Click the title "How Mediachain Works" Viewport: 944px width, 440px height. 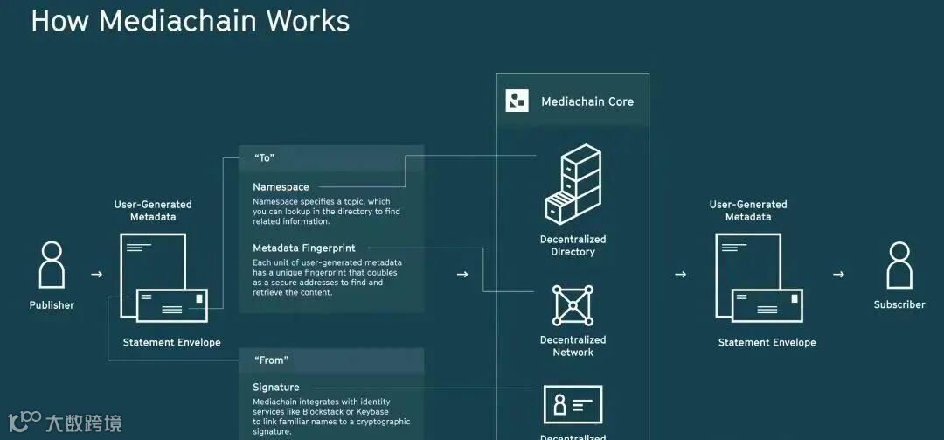click(190, 20)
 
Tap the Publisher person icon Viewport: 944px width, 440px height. click(52, 264)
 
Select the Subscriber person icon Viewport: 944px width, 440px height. click(899, 264)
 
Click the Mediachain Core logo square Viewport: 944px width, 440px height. click(517, 101)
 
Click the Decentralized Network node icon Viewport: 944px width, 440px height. click(573, 305)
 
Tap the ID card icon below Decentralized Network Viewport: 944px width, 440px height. click(573, 405)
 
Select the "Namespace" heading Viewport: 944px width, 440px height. click(281, 187)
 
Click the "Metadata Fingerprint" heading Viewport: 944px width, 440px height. click(304, 248)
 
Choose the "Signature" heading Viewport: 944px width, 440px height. click(276, 388)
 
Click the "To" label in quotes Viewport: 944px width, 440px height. click(265, 158)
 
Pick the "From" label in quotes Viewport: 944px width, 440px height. click(271, 360)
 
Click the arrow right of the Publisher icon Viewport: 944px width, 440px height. click(97, 275)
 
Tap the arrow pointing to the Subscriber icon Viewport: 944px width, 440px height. click(838, 275)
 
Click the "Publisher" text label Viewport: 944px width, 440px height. click(52, 305)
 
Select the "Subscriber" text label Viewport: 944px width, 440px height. click(899, 304)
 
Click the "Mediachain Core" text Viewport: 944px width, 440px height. click(587, 101)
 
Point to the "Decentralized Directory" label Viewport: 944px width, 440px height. click(573, 246)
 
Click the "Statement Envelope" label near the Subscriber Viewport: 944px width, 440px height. click(767, 342)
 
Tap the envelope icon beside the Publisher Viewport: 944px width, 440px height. click(171, 306)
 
